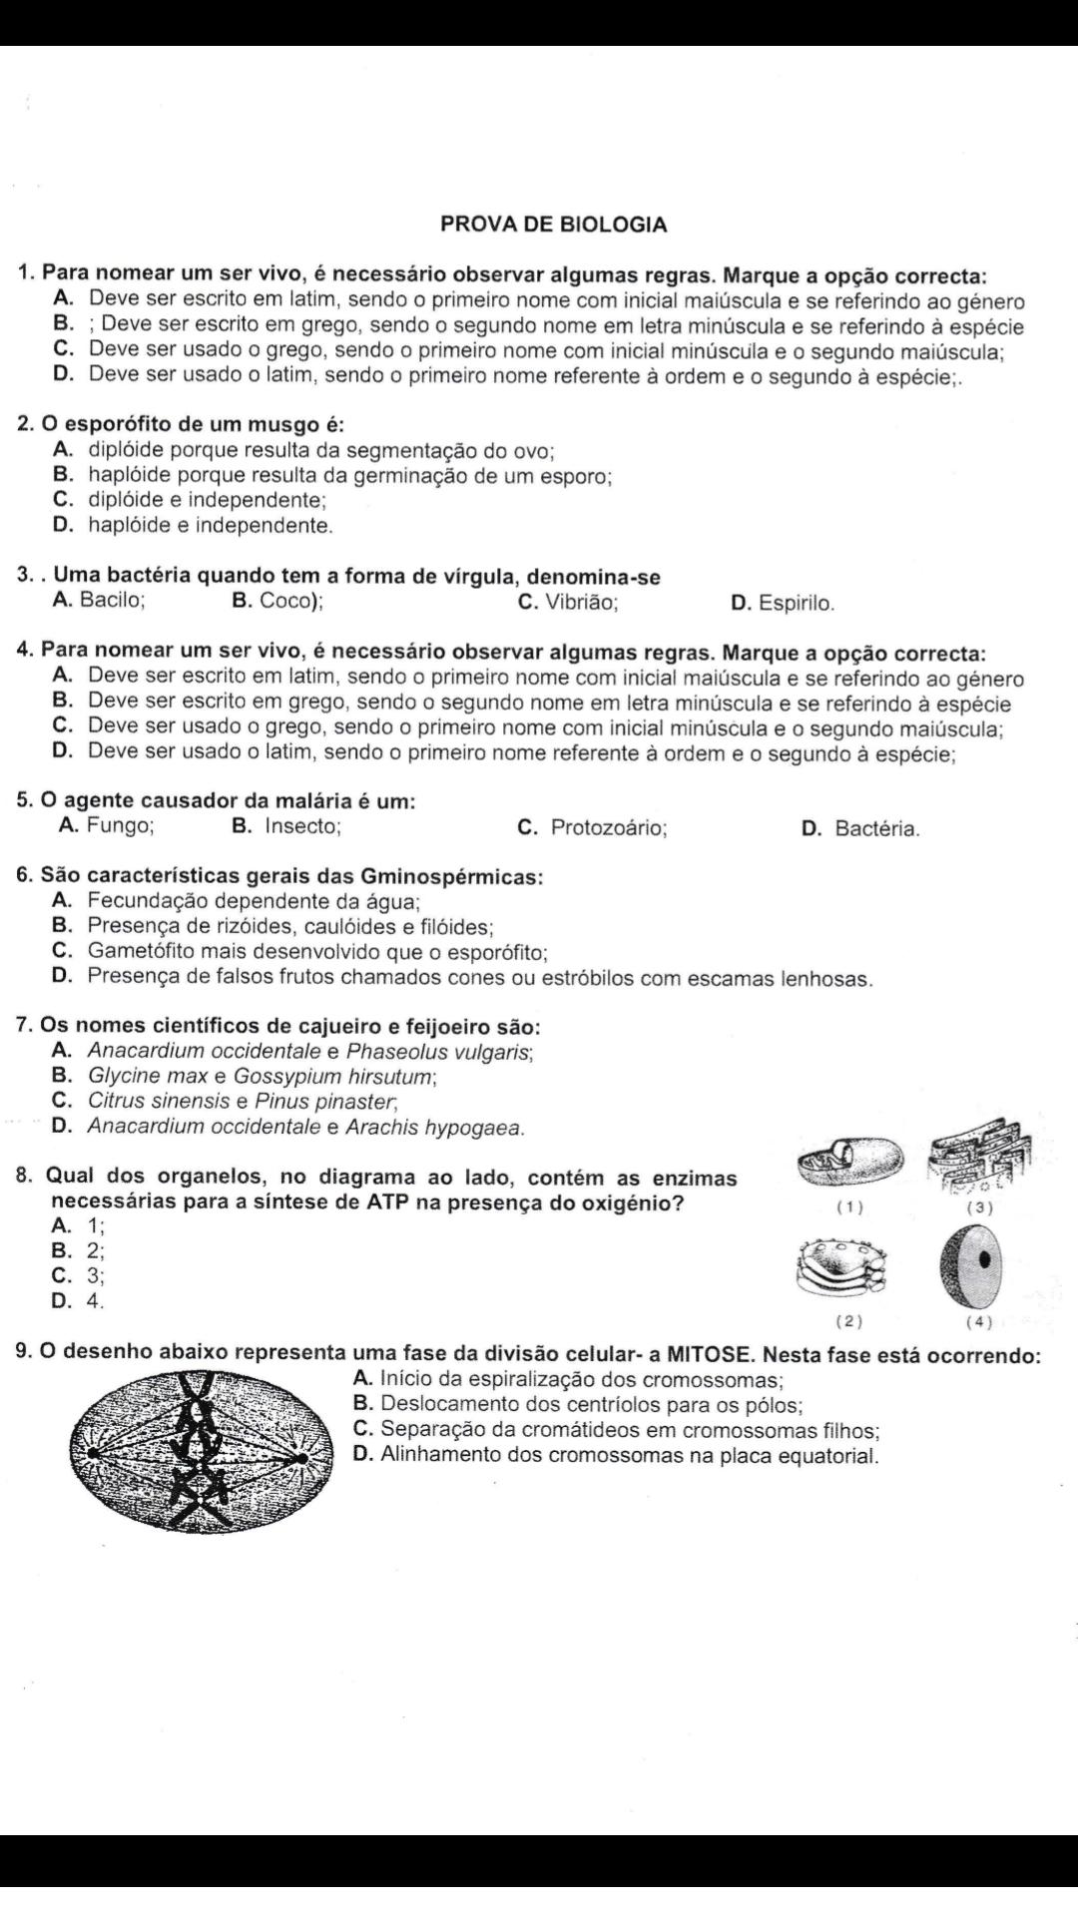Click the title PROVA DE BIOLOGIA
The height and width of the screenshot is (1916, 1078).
point(553,225)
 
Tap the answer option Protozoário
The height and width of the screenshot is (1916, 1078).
point(609,828)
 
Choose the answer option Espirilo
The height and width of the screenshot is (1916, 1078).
point(796,604)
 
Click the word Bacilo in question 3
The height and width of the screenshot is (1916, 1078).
point(112,601)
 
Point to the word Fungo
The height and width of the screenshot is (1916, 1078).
point(120,826)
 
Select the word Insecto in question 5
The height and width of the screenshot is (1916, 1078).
point(302,827)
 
